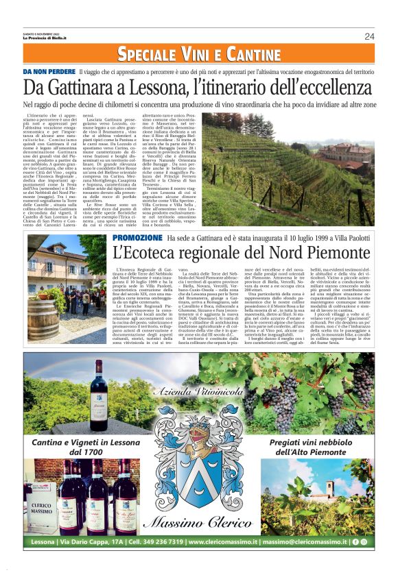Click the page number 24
tap(369, 36)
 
